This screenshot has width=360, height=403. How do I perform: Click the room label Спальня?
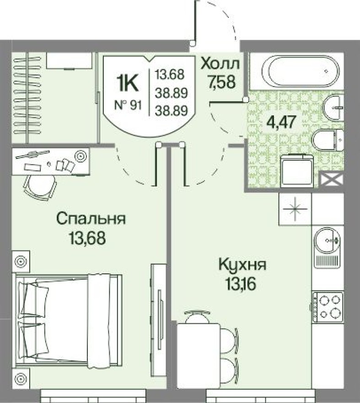click(x=91, y=218)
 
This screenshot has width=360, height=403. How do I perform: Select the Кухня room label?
click(x=242, y=265)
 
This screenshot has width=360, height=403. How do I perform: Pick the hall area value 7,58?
click(x=220, y=83)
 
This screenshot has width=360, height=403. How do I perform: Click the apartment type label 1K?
click(x=126, y=84)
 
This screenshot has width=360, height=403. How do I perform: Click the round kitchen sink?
click(x=327, y=240)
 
